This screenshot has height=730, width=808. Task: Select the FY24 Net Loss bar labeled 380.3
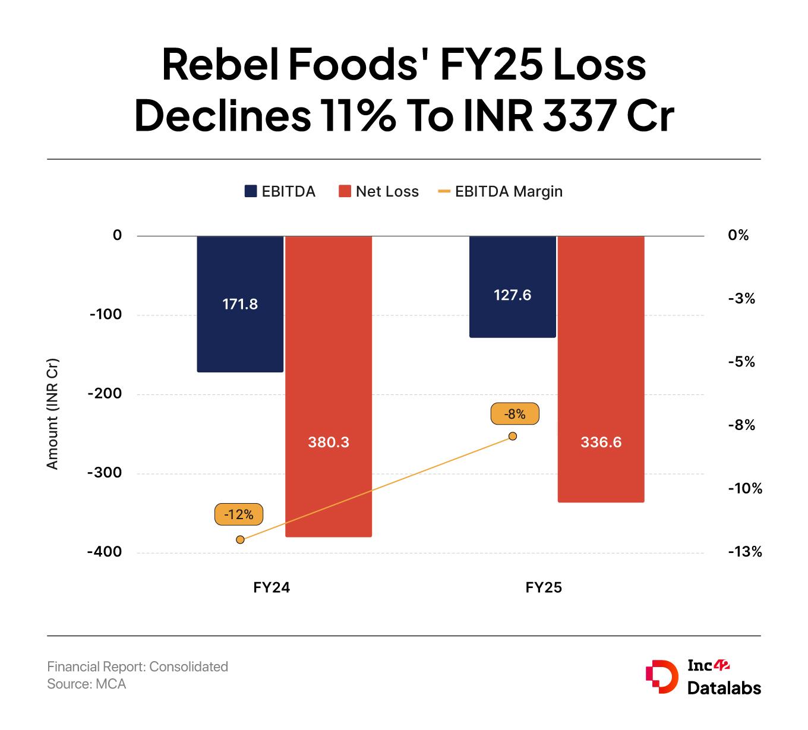[329, 386]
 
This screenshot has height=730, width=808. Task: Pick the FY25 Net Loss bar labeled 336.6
[601, 368]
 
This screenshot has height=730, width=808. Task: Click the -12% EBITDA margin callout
[239, 514]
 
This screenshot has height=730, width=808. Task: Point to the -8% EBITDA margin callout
[515, 414]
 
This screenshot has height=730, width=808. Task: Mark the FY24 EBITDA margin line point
[240, 539]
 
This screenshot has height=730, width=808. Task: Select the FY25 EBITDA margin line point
[513, 436]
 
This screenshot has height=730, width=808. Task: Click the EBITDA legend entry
[280, 191]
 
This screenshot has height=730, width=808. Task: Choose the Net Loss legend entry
[378, 191]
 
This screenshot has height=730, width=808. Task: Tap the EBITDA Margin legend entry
[500, 191]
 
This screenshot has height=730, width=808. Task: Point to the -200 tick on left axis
[105, 394]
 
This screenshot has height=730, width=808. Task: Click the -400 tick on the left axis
[105, 552]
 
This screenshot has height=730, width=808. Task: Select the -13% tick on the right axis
[744, 552]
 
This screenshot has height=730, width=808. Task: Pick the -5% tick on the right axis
[741, 362]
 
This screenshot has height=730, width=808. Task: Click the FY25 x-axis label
[544, 588]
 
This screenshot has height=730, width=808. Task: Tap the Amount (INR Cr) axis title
[53, 414]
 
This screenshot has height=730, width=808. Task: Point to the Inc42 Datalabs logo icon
[661, 676]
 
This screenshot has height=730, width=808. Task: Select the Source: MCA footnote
[87, 684]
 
